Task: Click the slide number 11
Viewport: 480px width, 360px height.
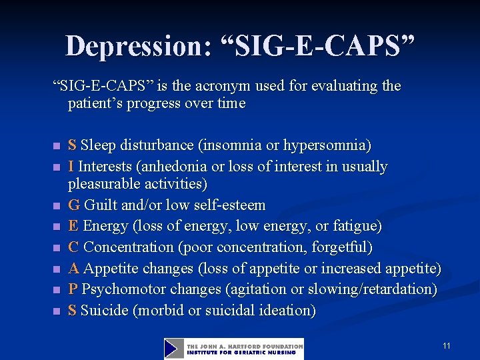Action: coord(447,346)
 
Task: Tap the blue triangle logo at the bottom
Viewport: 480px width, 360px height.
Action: coord(174,349)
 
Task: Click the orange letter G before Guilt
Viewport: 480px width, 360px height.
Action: coord(73,205)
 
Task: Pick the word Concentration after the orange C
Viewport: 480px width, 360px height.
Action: coord(129,247)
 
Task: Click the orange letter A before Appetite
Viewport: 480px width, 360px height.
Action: coord(73,268)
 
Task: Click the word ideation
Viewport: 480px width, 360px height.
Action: coord(287,311)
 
